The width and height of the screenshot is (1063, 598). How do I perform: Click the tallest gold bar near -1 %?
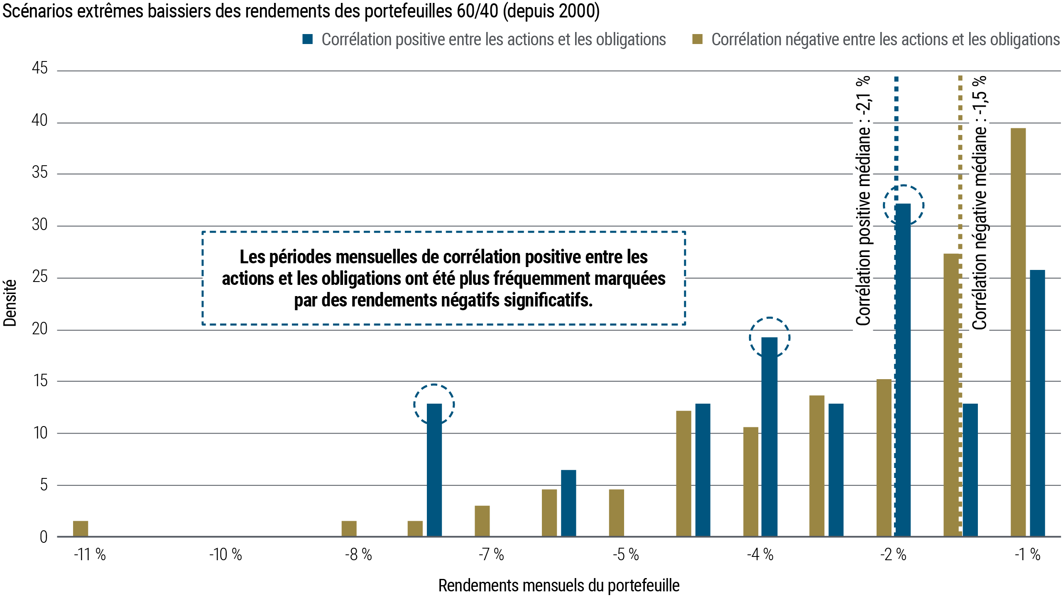coord(1018,332)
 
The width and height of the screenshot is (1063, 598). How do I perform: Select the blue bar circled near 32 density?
coord(903,370)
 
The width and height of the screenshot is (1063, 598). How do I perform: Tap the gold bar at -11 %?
coord(81,528)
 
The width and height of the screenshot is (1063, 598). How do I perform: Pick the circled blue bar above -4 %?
coord(769,436)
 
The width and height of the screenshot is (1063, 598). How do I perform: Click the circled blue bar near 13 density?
coord(434,469)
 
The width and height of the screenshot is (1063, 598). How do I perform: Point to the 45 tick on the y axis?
coord(40,69)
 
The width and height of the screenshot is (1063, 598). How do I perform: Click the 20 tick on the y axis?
coord(40,329)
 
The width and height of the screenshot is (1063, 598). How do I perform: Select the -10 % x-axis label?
coord(225,555)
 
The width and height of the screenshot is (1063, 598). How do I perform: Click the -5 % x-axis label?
coord(626,555)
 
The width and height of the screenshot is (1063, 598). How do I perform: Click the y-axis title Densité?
coord(10,303)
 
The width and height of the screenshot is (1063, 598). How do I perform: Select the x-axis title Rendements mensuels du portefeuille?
coord(559,586)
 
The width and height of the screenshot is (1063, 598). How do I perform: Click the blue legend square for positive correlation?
coord(308,39)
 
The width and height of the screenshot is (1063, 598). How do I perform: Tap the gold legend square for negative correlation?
coord(698,39)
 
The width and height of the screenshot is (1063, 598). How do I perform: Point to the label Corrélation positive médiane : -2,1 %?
coord(863,203)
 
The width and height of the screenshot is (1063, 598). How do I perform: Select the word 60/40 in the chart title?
coord(477,11)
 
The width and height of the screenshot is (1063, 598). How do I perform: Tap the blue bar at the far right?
coord(1037,403)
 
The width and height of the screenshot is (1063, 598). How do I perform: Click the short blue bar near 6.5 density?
coord(568,502)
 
